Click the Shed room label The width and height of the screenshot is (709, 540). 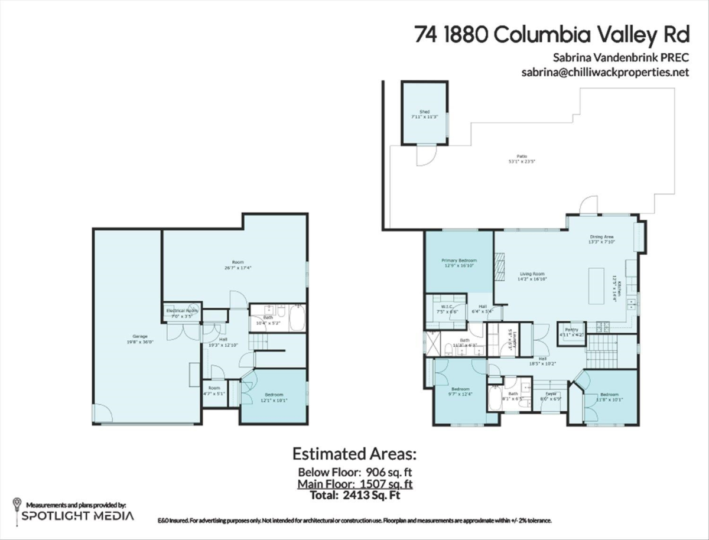tap(424, 112)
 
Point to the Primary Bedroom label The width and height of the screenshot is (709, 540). tap(458, 261)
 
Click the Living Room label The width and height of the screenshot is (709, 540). tap(532, 274)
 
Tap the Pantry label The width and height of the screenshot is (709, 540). tap(571, 330)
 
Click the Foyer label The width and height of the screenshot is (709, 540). tap(551, 394)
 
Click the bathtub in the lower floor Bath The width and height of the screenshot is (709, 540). tap(297, 317)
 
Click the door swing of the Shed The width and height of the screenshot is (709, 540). tap(425, 155)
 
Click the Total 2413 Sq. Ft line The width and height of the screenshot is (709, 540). tap(355, 495)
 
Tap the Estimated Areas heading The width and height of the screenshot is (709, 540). tap(354, 454)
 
